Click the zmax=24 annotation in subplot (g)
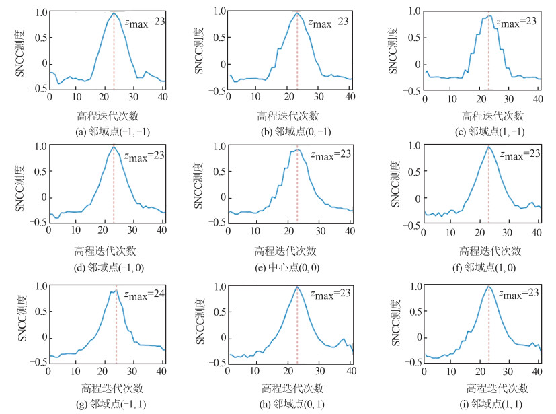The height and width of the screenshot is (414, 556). pyautogui.click(x=143, y=294)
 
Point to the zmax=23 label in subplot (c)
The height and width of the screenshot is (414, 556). pyautogui.click(x=516, y=22)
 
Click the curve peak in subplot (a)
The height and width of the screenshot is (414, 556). pyautogui.click(x=114, y=13)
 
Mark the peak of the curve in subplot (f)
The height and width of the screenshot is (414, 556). pyautogui.click(x=489, y=147)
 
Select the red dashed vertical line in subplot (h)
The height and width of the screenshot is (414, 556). pyautogui.click(x=296, y=330)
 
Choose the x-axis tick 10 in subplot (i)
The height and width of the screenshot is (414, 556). pyautogui.click(x=454, y=372)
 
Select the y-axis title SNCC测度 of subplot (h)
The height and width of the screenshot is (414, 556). pyautogui.click(x=201, y=323)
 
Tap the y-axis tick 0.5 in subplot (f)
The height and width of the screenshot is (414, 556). pyautogui.click(x=413, y=172)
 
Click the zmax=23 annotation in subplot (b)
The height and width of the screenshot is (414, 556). pyautogui.click(x=329, y=22)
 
